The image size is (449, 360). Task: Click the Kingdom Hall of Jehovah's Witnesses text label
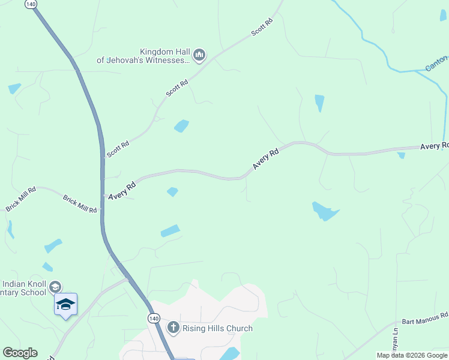click(x=143, y=56)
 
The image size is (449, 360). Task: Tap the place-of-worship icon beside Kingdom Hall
click(x=200, y=56)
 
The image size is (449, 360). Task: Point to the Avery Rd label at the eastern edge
click(x=434, y=146)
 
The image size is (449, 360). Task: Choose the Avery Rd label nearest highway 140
click(x=122, y=190)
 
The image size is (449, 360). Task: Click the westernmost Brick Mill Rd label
click(x=21, y=199)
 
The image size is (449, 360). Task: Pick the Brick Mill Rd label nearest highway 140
click(x=80, y=203)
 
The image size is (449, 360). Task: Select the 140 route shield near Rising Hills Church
click(x=154, y=316)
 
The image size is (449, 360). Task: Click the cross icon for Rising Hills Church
click(x=173, y=328)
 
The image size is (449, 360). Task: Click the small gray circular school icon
click(x=56, y=287)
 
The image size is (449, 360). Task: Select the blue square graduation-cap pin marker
click(x=65, y=304)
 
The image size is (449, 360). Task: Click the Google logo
click(x=20, y=353)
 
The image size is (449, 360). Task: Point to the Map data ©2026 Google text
click(x=412, y=355)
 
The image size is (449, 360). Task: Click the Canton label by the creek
click(x=437, y=63)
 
